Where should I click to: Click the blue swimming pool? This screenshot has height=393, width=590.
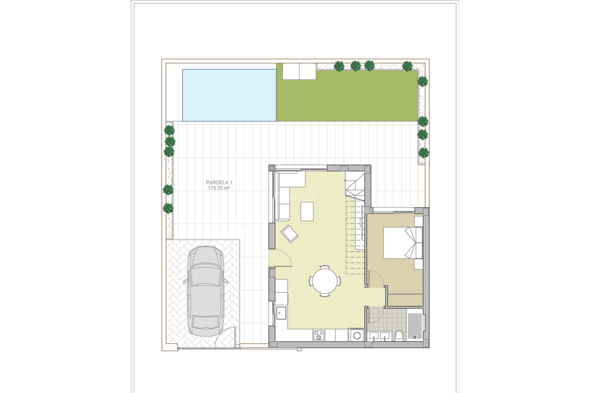coord(229,95)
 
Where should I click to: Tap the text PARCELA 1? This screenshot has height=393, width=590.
coord(219,182)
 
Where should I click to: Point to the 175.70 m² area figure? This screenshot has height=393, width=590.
coord(219,188)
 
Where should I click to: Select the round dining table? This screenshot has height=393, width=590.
coord(325,281)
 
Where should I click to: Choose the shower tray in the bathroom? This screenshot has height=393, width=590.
coord(415,325)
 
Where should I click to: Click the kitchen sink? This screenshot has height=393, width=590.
coord(281,313)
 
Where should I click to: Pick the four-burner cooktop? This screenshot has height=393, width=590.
coord(319,335)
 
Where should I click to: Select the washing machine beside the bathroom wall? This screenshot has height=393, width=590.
coord(357,335)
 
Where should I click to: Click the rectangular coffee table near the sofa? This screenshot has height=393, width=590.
coord(307,211)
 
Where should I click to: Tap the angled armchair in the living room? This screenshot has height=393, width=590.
coord(289,234)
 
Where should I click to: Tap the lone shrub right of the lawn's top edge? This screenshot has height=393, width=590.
coord(407,66)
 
